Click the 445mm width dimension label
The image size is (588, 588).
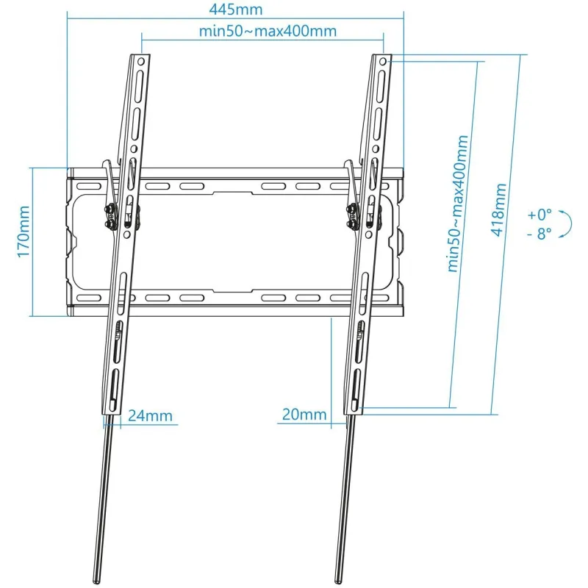pyautogui.click(x=235, y=10)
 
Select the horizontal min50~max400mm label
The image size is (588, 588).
pyautogui.click(x=268, y=31)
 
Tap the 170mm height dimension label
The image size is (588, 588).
pyautogui.click(x=24, y=232)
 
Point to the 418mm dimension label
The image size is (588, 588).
pyautogui.click(x=498, y=210)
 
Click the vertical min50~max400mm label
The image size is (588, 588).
pyautogui.click(x=457, y=204)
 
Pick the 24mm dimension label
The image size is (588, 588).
pyautogui.click(x=150, y=415)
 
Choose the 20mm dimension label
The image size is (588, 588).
pyautogui.click(x=304, y=415)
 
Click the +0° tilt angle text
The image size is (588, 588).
pyautogui.click(x=539, y=215)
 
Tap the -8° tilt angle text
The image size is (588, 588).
pyautogui.click(x=539, y=233)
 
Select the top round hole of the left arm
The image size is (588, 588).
pyautogui.click(x=141, y=61)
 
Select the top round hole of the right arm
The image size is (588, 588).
pyautogui.click(x=382, y=61)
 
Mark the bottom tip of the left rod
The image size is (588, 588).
pyautogui.click(x=96, y=582)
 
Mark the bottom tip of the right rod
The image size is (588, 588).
pyautogui.click(x=338, y=582)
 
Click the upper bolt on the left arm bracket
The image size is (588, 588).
pyautogui.click(x=110, y=208)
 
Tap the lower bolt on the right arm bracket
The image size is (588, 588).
pyautogui.click(x=352, y=224)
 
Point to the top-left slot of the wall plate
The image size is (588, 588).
pyautogui.click(x=88, y=187)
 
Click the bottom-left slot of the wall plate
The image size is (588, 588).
pyautogui.click(x=88, y=298)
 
